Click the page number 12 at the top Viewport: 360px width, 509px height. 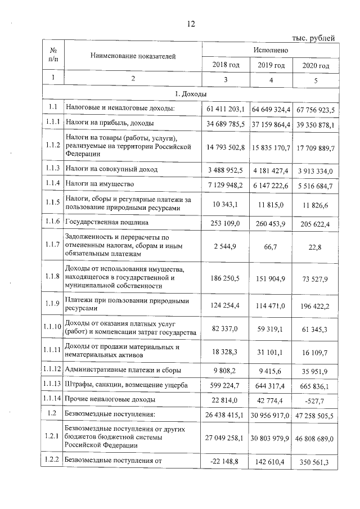coord(191,24)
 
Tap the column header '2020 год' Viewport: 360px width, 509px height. coord(316,65)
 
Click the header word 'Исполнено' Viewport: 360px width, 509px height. coord(271,50)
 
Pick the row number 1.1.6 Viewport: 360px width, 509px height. coord(53,223)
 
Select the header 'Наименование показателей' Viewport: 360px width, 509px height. coord(133,56)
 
